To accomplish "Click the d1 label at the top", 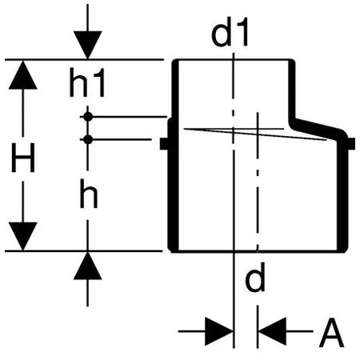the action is tap(230, 32).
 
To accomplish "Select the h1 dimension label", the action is tap(87, 82).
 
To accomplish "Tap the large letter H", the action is tap(23, 158).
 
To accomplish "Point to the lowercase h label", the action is tap(89, 194).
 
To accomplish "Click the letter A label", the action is tap(331, 333).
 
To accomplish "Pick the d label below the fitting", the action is tap(255, 277).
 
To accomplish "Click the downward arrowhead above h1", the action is tap(88, 45).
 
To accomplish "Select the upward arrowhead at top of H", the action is tap(23, 75).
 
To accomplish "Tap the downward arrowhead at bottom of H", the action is tap(23, 236).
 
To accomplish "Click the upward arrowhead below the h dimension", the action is tap(88, 266).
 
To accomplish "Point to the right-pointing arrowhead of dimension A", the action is tap(219, 331).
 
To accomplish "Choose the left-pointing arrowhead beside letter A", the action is tap(272, 331).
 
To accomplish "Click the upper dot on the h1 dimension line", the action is tap(88, 117).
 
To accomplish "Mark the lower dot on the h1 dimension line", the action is tap(88, 139).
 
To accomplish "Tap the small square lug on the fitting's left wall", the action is tap(164, 144).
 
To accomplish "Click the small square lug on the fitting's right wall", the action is tap(351, 144).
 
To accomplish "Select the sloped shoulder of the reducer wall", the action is tap(318, 128).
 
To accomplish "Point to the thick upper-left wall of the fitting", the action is tap(175, 90).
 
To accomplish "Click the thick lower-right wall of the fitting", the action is tap(342, 194).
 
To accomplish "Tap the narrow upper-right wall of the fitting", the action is tap(292, 90).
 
